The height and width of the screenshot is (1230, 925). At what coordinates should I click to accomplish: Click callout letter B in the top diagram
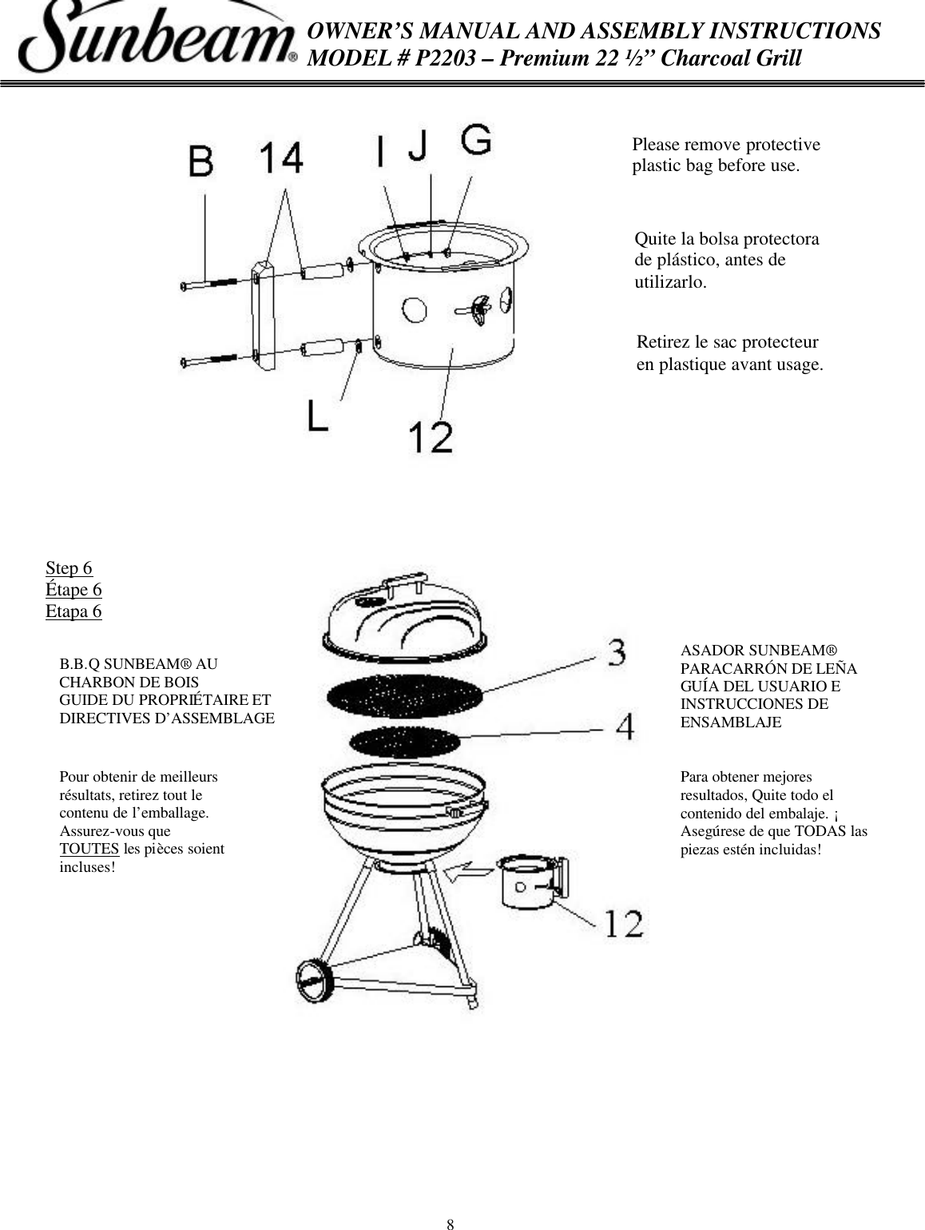(x=201, y=162)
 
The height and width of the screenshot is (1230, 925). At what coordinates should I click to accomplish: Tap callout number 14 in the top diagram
(x=280, y=157)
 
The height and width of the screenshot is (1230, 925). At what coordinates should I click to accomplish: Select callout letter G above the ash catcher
(x=476, y=141)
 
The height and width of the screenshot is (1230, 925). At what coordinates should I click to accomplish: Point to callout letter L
(x=317, y=416)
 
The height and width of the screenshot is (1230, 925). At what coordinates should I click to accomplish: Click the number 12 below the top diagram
(x=431, y=436)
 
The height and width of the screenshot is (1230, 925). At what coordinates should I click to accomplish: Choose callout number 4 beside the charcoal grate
(x=625, y=726)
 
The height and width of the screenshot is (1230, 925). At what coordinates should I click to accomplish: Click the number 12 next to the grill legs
(x=623, y=923)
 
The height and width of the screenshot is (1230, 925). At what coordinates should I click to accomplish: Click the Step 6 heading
(x=69, y=568)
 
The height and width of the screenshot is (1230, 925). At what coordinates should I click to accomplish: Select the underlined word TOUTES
(x=89, y=849)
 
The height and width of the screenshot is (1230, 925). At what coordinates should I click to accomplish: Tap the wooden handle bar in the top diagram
(x=264, y=316)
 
